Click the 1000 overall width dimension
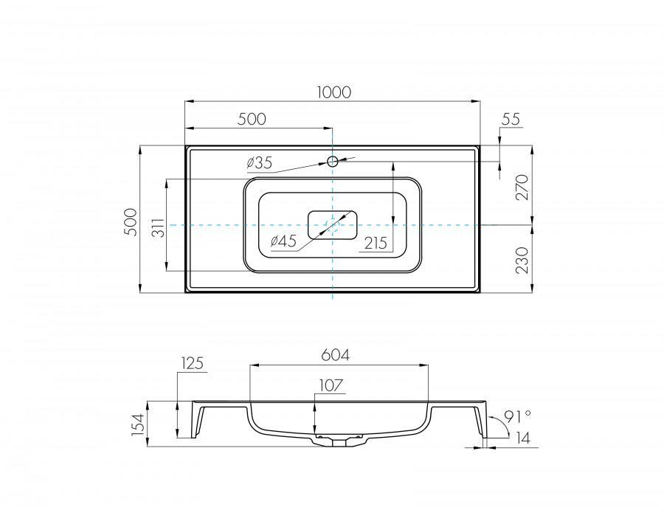tap(334, 92)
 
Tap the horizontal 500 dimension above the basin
tap(252, 120)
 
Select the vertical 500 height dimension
tap(131, 222)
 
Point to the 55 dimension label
tap(511, 119)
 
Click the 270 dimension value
tap(522, 187)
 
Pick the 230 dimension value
tap(522, 260)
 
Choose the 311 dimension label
tap(158, 228)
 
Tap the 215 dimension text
tap(376, 243)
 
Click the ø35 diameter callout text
tap(259, 162)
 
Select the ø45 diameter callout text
tap(283, 241)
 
